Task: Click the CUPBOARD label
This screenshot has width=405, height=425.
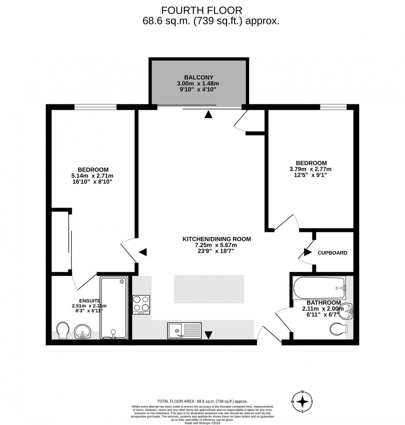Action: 332,253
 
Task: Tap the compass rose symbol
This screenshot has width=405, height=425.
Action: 303,401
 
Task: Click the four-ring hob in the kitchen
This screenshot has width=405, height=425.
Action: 141,304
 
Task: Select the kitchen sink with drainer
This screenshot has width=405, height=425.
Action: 184,331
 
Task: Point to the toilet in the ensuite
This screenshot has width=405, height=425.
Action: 63,331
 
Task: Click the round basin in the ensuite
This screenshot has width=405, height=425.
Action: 84,331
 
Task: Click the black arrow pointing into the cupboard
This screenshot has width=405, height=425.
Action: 308,252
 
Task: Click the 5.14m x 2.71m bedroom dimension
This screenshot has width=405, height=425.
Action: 93,176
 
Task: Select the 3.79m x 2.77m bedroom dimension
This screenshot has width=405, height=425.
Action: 311,169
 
